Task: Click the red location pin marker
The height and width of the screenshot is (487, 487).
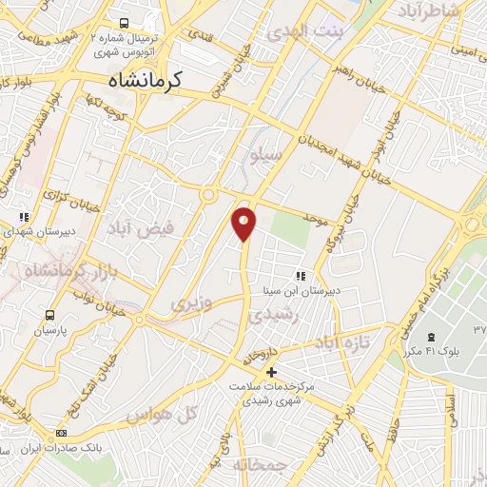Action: click(x=244, y=224)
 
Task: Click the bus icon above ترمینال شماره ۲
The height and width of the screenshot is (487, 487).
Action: click(x=124, y=23)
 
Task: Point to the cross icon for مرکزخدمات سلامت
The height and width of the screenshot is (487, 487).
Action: click(x=271, y=371)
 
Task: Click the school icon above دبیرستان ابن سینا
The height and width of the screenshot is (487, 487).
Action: click(x=301, y=276)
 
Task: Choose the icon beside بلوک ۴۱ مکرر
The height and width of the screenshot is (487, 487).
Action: click(x=431, y=338)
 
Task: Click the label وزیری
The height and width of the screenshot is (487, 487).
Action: click(x=187, y=303)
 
